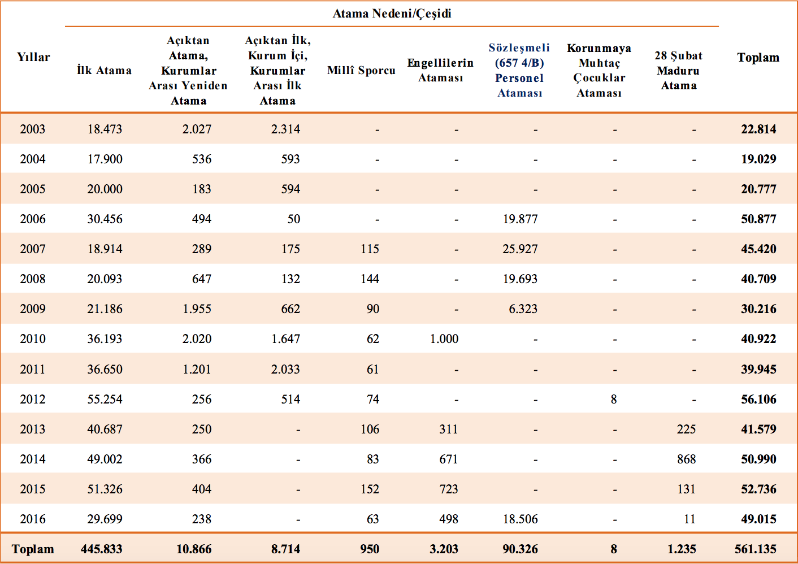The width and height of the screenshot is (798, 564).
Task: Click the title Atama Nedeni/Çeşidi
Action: coord(392,14)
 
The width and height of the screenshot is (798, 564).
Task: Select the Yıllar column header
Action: coord(33,57)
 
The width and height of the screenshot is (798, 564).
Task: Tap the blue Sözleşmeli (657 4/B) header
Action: coord(519,70)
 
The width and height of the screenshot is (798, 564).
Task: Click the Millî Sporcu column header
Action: coord(361,70)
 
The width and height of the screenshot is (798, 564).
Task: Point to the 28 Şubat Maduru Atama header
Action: coord(678,70)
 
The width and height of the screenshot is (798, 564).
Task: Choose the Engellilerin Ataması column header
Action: coord(440,70)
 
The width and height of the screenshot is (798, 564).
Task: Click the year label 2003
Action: coord(32,129)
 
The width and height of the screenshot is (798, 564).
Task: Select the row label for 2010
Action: coord(32,339)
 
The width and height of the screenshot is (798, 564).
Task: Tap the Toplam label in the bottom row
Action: coord(32,549)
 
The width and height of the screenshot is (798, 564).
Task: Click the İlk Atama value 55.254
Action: coord(105,399)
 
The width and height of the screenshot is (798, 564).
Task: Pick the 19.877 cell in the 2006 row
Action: coord(520,219)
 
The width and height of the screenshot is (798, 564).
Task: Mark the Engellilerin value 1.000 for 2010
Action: coord(444,339)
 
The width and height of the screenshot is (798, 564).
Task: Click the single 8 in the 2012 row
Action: coord(613,399)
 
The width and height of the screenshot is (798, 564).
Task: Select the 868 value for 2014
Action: coord(687,459)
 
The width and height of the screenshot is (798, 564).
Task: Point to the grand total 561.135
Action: coord(755,549)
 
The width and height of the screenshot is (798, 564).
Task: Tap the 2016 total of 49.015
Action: coord(759,519)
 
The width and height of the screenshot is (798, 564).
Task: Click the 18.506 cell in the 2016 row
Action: coord(520,519)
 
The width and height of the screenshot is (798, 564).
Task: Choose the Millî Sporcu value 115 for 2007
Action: coord(370,249)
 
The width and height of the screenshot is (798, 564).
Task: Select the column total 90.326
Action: coord(520,549)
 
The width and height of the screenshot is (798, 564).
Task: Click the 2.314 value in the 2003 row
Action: coord(285,129)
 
